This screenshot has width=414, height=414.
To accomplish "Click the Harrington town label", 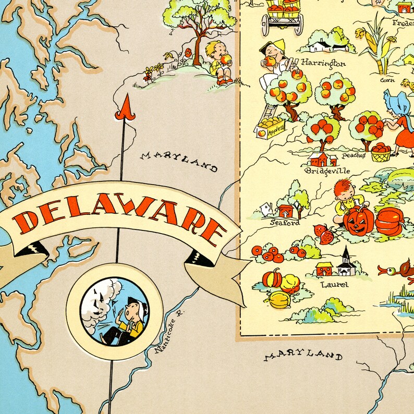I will click(x=323, y=64).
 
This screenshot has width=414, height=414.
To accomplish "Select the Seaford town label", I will click(x=285, y=223).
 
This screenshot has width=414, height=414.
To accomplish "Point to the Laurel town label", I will click(x=334, y=285).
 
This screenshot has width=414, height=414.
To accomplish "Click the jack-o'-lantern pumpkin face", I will click(x=359, y=220).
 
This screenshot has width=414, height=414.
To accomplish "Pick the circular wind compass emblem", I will click(x=115, y=311).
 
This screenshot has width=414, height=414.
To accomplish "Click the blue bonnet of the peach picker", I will click(x=395, y=100).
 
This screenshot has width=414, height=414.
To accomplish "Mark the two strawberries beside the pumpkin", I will click(x=324, y=234).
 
